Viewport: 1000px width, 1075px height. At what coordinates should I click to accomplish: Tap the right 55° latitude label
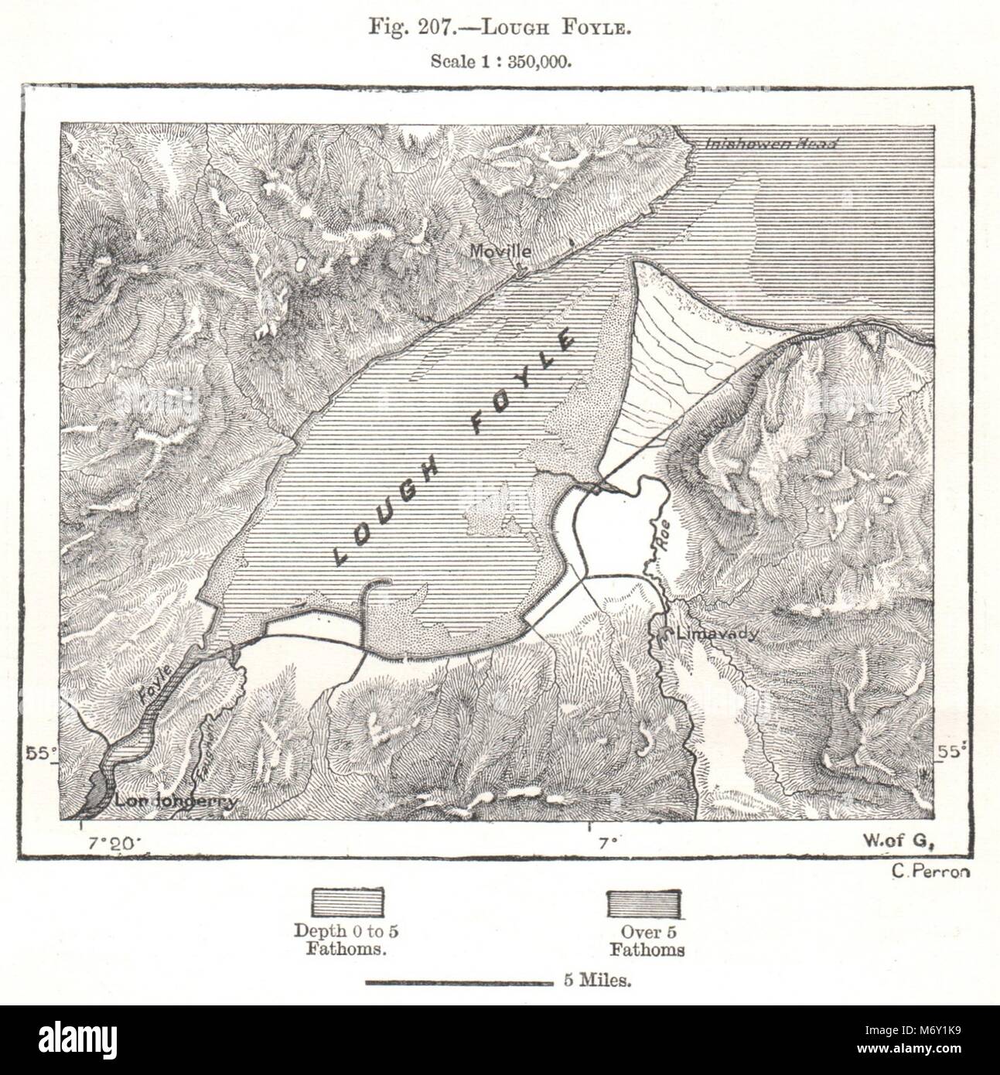point(952,752)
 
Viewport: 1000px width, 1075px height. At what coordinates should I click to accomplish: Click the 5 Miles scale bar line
point(456,983)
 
